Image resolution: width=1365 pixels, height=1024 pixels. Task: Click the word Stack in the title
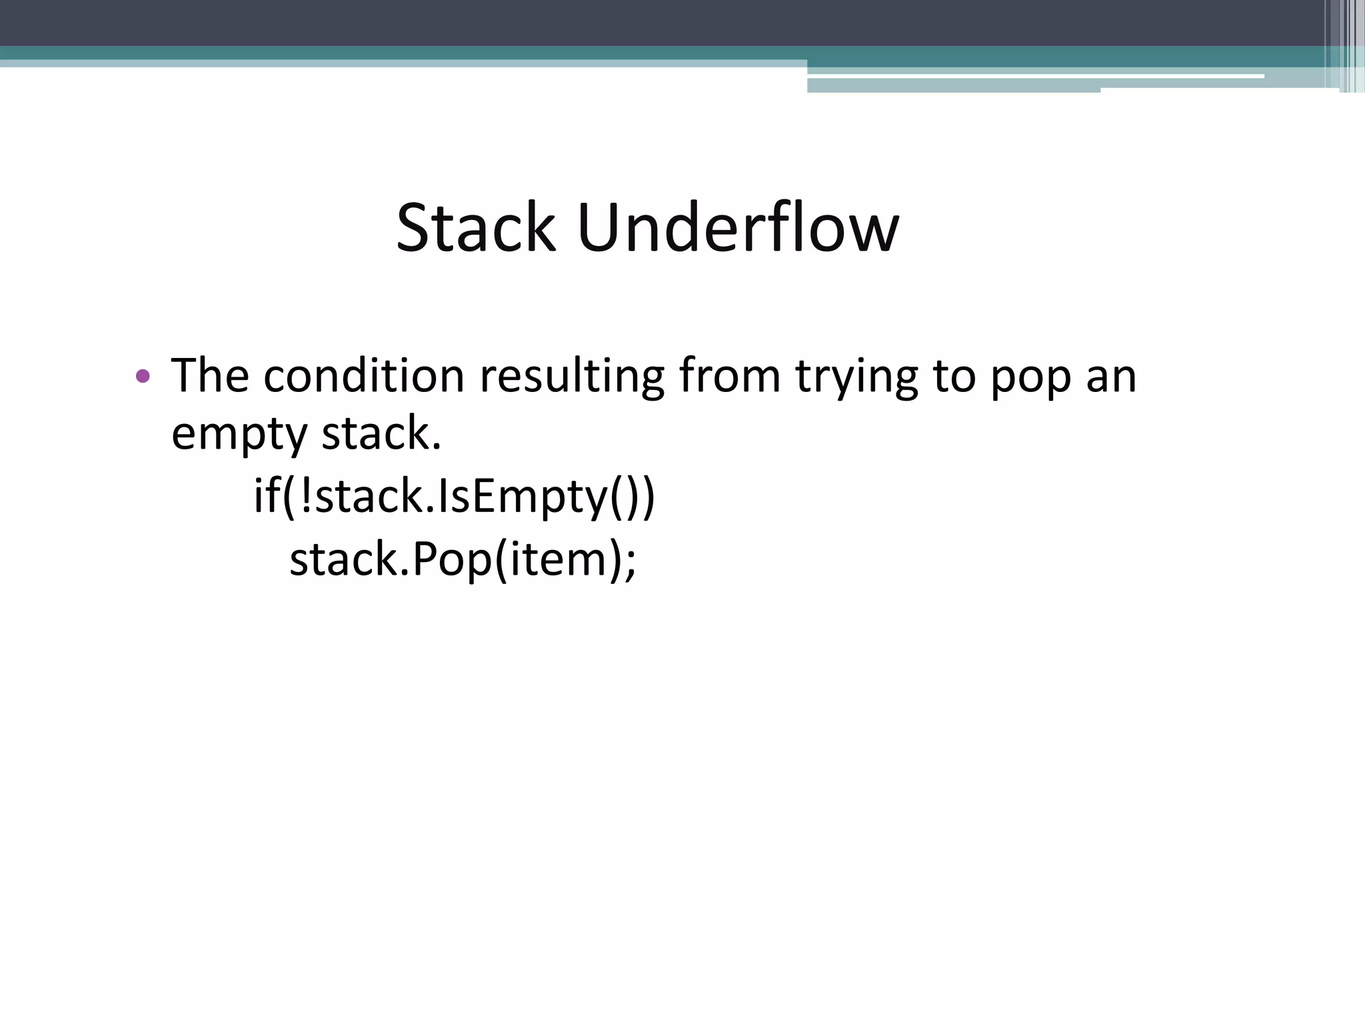(475, 228)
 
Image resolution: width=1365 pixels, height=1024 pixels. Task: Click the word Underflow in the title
(738, 228)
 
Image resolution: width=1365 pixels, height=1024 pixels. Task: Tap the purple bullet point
(142, 376)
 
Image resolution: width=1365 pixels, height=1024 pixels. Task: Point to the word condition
(363, 375)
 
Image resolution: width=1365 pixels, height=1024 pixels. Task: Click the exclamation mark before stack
(305, 496)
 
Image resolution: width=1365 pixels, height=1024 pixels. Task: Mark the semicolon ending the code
(630, 561)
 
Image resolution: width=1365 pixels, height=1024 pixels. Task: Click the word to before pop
(954, 376)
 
